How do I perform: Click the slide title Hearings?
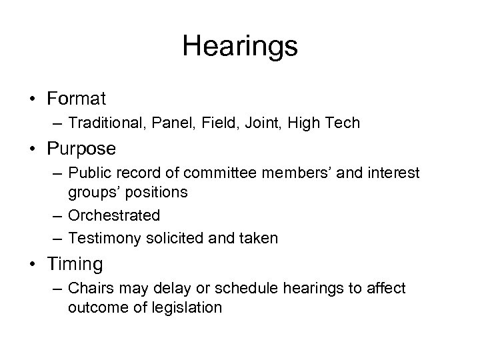tap(240, 46)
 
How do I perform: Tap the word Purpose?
tap(81, 147)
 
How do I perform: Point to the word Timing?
tap(75, 265)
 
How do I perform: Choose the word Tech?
tap(344, 123)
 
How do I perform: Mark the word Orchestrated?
tap(114, 215)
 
